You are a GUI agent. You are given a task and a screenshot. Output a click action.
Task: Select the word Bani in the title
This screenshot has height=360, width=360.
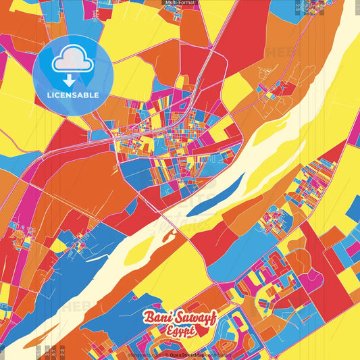click(155, 317)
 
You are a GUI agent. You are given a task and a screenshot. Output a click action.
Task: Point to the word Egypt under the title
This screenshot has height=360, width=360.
click(179, 331)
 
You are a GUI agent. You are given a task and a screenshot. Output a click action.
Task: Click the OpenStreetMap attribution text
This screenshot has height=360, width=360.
click(187, 354)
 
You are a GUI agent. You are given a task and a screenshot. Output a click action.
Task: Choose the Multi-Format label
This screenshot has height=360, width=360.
click(180, 3)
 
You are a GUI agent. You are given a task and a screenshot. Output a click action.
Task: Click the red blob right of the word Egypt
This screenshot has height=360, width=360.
click(203, 330)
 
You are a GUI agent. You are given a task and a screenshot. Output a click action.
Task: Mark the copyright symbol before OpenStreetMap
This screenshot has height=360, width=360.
click(165, 354)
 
